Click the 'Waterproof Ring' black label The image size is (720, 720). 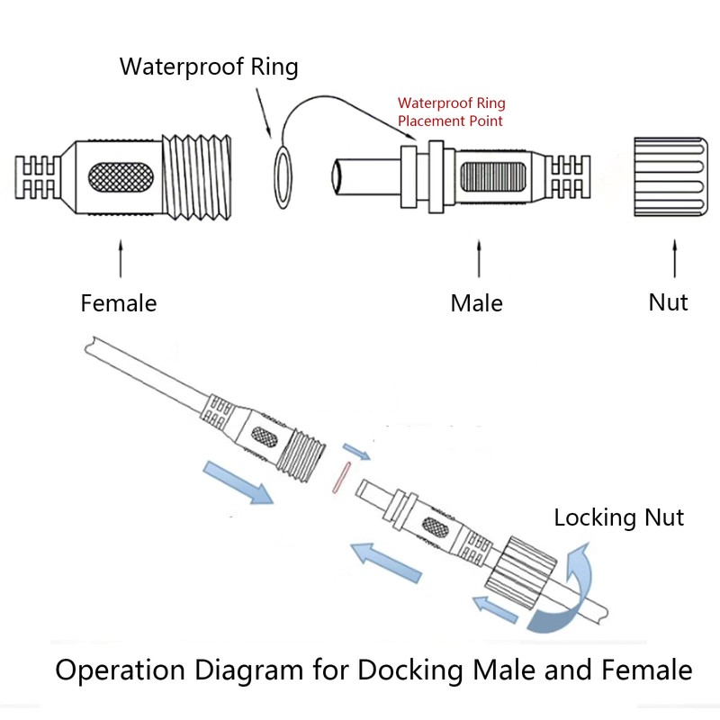click(x=209, y=67)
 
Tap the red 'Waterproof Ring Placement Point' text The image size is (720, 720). click(x=450, y=112)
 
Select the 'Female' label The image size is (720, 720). click(x=119, y=303)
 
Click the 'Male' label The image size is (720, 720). click(x=477, y=303)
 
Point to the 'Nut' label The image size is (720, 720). click(x=669, y=301)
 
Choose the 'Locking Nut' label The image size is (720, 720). click(x=618, y=517)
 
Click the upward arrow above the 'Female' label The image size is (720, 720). click(x=119, y=256)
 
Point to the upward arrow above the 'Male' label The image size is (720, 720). click(x=478, y=259)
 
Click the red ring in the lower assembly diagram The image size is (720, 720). click(x=338, y=479)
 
